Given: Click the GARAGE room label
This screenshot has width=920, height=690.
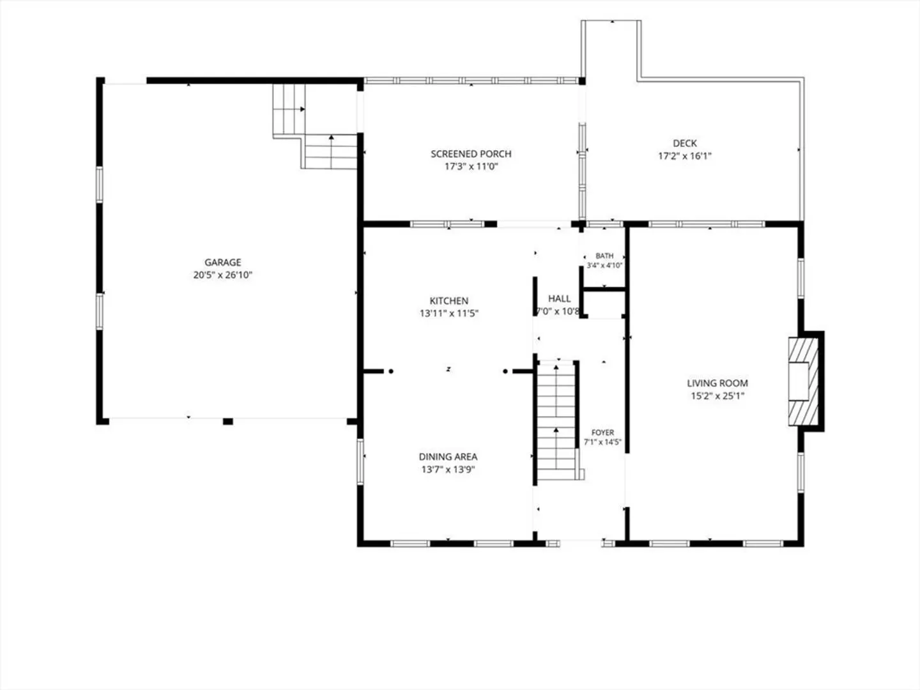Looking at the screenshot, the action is click(x=222, y=262).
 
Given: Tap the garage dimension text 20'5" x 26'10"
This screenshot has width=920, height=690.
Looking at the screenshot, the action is click(x=222, y=275).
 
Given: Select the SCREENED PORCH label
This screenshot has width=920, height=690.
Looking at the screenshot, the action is click(x=471, y=154).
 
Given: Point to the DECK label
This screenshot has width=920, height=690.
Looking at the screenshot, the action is click(x=685, y=143).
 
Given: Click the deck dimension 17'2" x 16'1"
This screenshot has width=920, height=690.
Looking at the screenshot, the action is click(x=685, y=157).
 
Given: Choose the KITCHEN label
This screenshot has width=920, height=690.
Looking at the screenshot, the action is click(x=449, y=301).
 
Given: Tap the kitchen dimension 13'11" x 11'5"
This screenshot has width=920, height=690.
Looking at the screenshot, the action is click(x=449, y=313).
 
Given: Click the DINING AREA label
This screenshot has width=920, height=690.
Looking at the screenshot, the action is click(x=448, y=457).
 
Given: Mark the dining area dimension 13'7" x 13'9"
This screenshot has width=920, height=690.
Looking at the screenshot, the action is click(x=448, y=470).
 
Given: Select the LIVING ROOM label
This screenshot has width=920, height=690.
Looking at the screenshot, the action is click(x=717, y=383).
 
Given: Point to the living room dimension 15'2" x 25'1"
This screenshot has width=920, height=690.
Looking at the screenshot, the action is click(x=717, y=396).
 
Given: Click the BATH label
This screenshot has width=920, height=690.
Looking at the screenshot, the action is click(x=604, y=256).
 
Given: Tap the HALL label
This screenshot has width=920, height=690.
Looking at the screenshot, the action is click(x=559, y=298).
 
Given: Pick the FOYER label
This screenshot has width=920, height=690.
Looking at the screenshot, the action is click(x=602, y=433).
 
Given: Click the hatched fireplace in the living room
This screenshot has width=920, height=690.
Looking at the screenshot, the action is click(x=803, y=381).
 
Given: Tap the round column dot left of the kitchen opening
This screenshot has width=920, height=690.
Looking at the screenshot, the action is click(x=390, y=371).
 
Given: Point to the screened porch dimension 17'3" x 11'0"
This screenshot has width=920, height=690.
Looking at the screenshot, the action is click(x=471, y=167).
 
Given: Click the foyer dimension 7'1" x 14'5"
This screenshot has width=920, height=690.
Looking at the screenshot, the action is click(x=602, y=442).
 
